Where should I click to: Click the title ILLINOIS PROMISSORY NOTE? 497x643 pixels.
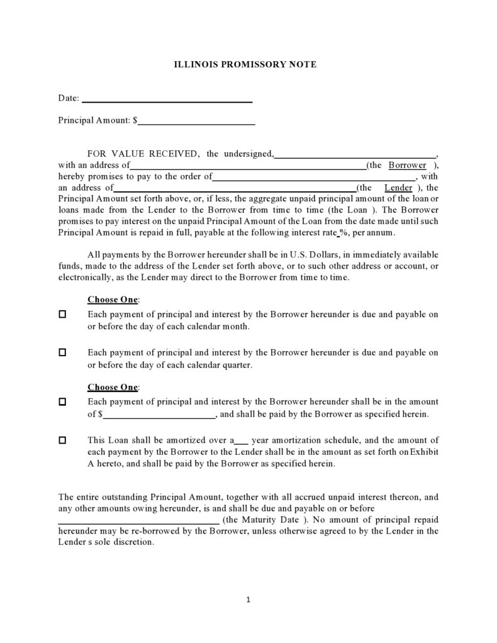point(245,64)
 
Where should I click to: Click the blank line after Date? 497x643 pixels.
point(167,99)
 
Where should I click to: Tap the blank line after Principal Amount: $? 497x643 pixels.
point(196,122)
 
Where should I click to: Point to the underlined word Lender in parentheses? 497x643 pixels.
point(398,188)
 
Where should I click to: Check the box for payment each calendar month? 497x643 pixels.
point(62,314)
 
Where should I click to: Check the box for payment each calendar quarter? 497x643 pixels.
point(62,353)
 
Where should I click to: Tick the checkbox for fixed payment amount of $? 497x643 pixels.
point(62,401)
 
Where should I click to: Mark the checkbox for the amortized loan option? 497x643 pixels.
point(62,440)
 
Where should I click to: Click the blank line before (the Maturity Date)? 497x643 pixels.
point(138,521)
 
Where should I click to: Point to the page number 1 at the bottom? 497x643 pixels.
point(248,600)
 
